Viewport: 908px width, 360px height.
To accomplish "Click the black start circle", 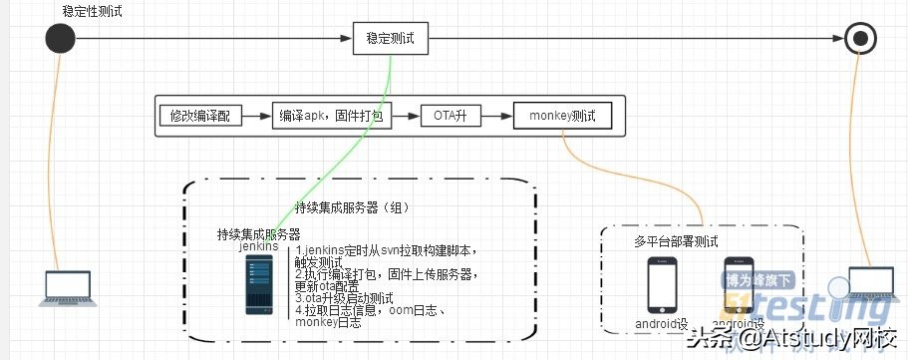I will coord(61,39).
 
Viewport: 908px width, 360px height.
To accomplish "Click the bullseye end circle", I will coord(859,39).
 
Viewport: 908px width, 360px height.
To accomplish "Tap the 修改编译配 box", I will coord(200,117).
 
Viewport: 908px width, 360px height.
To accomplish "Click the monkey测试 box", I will coord(562,117).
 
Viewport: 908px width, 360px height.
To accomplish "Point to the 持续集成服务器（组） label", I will coord(354,208).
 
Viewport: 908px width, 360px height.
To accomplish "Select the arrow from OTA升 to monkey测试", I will coord(496,117).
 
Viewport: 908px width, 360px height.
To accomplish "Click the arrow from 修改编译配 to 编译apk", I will coord(257,117).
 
